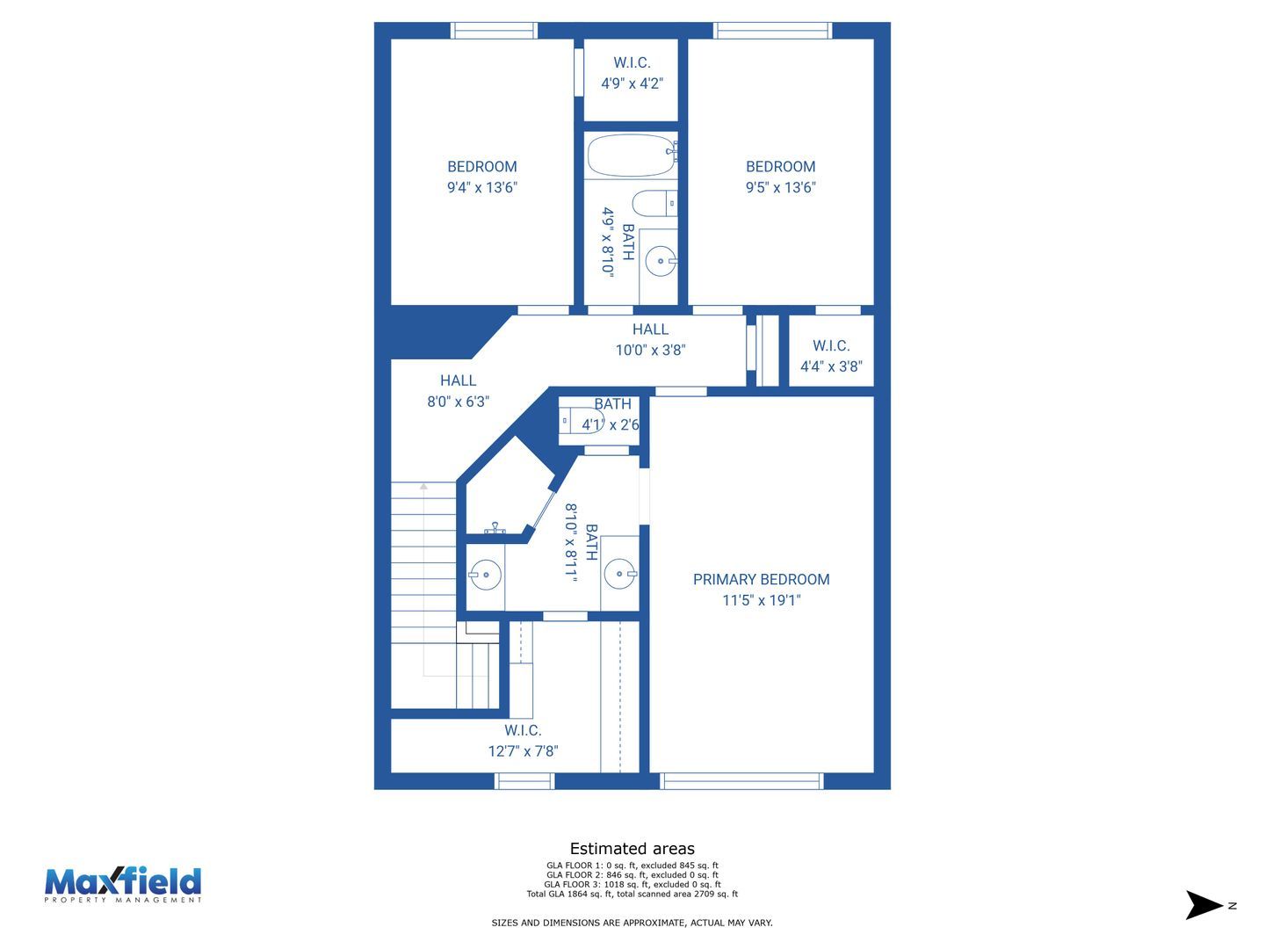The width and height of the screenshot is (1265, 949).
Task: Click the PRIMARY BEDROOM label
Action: [x=761, y=579]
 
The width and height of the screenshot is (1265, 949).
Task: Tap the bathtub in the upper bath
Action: [x=631, y=155]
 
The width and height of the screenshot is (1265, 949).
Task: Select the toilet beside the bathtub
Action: [x=654, y=203]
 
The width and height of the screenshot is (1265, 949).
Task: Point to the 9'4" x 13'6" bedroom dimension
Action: [x=481, y=187]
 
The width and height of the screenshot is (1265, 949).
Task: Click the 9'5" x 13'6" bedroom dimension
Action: [x=780, y=187]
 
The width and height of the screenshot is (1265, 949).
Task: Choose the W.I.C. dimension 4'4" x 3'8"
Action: [x=831, y=366]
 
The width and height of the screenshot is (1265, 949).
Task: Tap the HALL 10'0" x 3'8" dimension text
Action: [x=650, y=350]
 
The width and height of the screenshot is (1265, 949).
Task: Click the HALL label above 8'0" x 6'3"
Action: [x=459, y=380]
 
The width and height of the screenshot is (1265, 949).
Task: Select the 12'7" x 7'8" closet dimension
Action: [x=523, y=750]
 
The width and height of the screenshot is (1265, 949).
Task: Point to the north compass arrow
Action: [x=1204, y=905]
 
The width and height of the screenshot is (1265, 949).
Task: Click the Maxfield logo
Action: [x=123, y=884]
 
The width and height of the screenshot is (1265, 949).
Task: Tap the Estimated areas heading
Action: [x=632, y=848]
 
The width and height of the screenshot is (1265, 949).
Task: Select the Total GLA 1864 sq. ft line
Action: [x=632, y=895]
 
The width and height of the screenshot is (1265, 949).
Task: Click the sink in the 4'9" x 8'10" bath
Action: [x=661, y=262]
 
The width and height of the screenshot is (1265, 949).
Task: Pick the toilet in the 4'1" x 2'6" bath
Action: [x=582, y=420]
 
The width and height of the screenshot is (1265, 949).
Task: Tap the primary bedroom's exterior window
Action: [x=741, y=781]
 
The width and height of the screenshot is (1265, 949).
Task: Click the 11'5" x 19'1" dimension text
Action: [x=762, y=600]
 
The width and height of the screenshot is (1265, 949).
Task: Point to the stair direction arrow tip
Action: [x=423, y=485]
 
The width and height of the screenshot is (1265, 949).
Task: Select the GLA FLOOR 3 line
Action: [x=632, y=885]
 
